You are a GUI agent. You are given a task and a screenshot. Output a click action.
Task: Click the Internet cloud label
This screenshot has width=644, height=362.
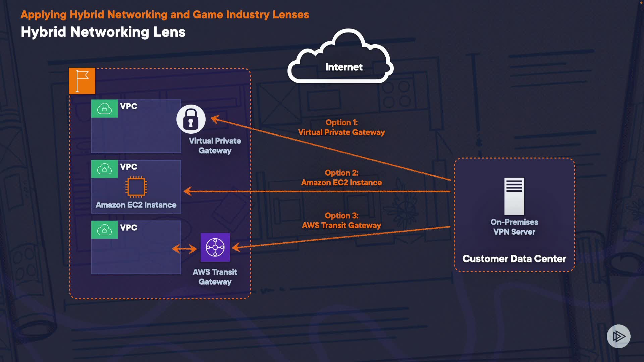tap(344, 67)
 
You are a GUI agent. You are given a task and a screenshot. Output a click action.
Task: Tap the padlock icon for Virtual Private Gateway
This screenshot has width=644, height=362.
tap(191, 119)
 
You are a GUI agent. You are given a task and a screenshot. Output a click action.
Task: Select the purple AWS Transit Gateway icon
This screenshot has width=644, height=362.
tap(215, 247)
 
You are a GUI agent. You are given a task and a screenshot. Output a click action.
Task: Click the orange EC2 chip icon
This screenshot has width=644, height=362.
tap(136, 186)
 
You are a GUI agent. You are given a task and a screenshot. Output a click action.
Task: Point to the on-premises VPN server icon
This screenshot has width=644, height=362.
tap(514, 196)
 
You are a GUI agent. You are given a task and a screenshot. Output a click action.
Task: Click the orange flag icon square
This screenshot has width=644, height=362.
tap(82, 81)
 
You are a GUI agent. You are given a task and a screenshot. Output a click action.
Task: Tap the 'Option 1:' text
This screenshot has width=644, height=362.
tap(341, 122)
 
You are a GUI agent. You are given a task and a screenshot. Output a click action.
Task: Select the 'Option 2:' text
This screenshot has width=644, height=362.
tap(341, 173)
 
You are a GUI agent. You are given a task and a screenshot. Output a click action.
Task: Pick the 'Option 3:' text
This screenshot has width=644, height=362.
tap(341, 216)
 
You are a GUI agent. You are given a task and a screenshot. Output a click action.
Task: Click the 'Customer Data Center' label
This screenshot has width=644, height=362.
tap(514, 259)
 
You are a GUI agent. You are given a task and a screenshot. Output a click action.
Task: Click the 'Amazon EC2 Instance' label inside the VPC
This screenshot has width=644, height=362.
tap(136, 205)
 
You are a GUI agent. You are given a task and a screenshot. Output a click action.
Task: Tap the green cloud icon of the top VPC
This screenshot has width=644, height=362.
tap(104, 109)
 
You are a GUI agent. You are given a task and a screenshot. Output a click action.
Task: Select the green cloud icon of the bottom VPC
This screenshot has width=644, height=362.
tap(104, 230)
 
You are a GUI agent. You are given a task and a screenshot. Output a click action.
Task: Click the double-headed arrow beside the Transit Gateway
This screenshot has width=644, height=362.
tap(184, 249)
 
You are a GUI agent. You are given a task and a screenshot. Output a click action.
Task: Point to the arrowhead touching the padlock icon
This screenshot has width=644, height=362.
tap(215, 119)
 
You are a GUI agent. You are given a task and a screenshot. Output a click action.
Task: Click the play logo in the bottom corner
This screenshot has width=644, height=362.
tap(619, 336)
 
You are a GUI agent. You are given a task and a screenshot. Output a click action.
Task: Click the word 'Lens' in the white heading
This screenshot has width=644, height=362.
tap(169, 32)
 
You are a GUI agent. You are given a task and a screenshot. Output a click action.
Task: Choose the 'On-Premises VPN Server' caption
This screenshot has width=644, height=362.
tap(514, 227)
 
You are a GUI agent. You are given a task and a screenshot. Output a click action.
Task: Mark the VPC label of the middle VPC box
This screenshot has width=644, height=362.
tap(128, 167)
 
